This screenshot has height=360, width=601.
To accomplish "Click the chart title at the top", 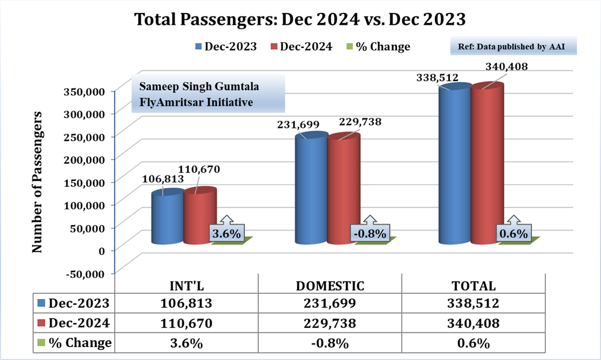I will click(300, 19).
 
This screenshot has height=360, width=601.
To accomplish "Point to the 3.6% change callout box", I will click(226, 233).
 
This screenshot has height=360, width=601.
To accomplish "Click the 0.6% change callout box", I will click(514, 233).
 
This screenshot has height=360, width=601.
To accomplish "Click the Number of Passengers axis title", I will click(38, 181).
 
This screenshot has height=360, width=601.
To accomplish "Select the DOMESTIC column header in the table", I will click(330, 286).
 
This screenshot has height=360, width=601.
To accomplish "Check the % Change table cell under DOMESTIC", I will click(330, 342).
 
